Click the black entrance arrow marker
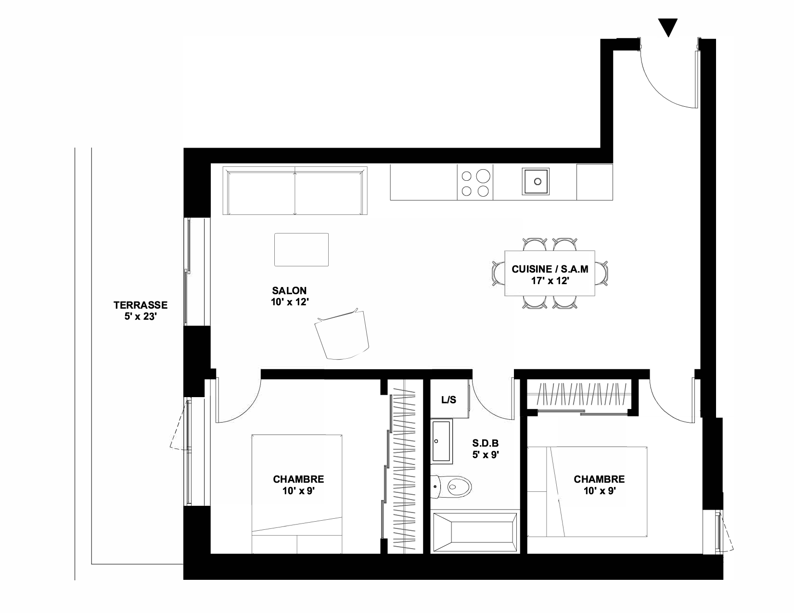point(668,27)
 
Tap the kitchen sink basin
point(536,181)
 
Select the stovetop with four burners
point(475,182)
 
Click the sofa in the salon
point(295,190)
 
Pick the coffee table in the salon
point(301,250)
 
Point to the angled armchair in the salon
point(342,334)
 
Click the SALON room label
point(290,296)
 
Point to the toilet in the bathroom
point(451,487)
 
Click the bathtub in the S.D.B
point(475,532)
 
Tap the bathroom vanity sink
point(442,441)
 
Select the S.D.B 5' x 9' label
point(486,449)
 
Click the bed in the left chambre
point(297,494)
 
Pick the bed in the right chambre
point(587,491)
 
